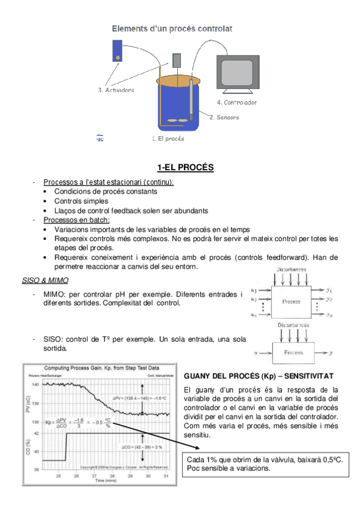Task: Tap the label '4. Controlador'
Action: click(236, 102)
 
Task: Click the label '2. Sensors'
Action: click(224, 117)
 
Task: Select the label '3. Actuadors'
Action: click(116, 90)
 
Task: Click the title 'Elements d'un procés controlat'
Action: click(172, 28)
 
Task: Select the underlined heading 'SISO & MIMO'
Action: click(45, 280)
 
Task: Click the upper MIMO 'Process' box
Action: click(291, 301)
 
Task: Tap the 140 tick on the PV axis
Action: click(35, 384)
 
